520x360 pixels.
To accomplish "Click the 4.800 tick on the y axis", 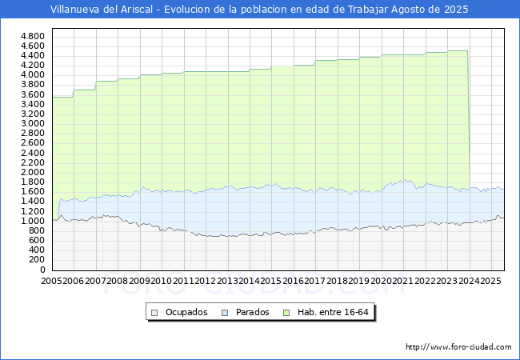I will point(32,36).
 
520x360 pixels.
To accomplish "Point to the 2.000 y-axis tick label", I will point(32,172).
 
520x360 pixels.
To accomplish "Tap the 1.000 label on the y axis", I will point(32,221).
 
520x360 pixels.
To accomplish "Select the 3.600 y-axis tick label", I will point(32,94).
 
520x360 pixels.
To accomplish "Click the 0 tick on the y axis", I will point(42,270).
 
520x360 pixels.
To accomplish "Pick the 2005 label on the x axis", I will point(52,282).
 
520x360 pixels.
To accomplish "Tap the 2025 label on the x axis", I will point(491,282).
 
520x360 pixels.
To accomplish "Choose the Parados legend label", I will point(253,312).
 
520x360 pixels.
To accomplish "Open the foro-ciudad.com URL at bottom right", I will point(458,347).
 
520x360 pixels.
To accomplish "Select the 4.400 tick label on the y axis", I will point(32,55).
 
